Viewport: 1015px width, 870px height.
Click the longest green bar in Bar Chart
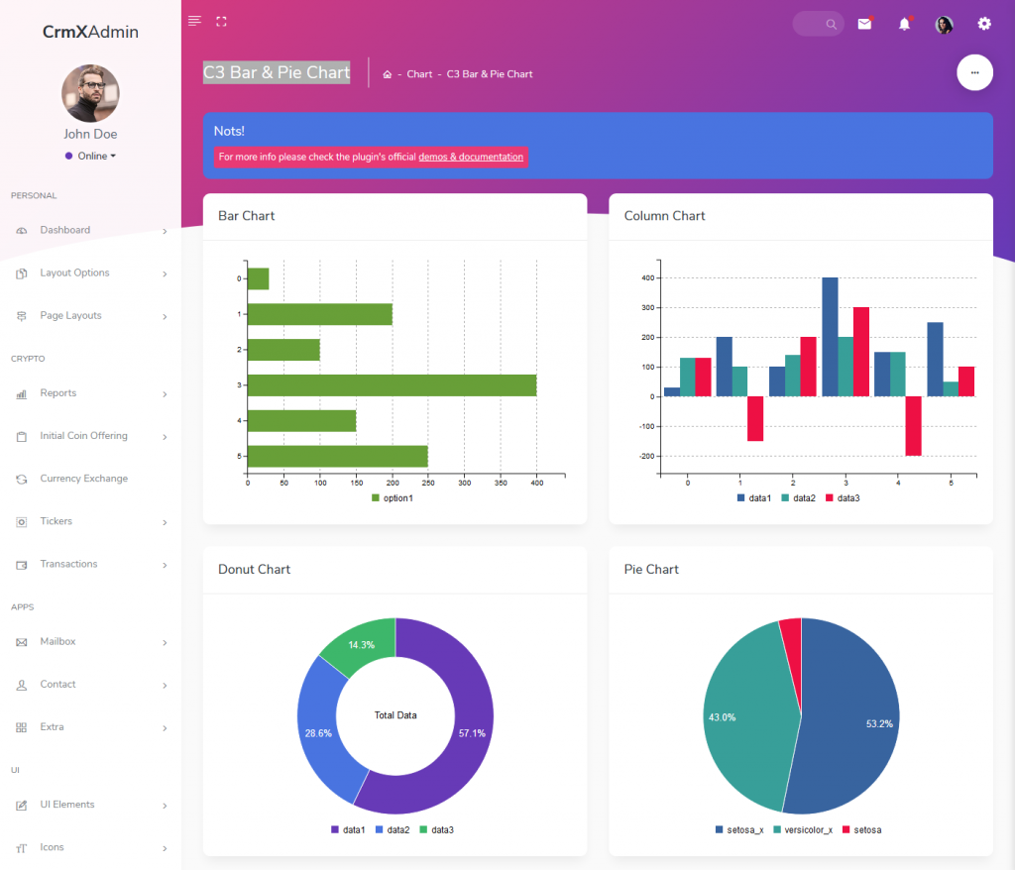392,384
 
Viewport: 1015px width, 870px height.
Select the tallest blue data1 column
830,337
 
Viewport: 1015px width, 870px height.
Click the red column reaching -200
913,426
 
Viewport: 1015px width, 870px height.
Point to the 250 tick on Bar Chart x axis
428,484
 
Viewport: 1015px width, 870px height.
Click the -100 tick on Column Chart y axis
645,426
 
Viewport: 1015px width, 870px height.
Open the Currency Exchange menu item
83,479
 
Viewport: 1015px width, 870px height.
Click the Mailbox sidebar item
57,641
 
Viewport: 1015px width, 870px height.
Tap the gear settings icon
984,24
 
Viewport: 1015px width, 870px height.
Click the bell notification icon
904,24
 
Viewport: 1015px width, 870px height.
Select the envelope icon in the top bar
864,24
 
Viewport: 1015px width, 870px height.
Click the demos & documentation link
471,157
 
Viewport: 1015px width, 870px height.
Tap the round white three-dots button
974,72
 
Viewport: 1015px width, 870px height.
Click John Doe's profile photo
90,94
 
